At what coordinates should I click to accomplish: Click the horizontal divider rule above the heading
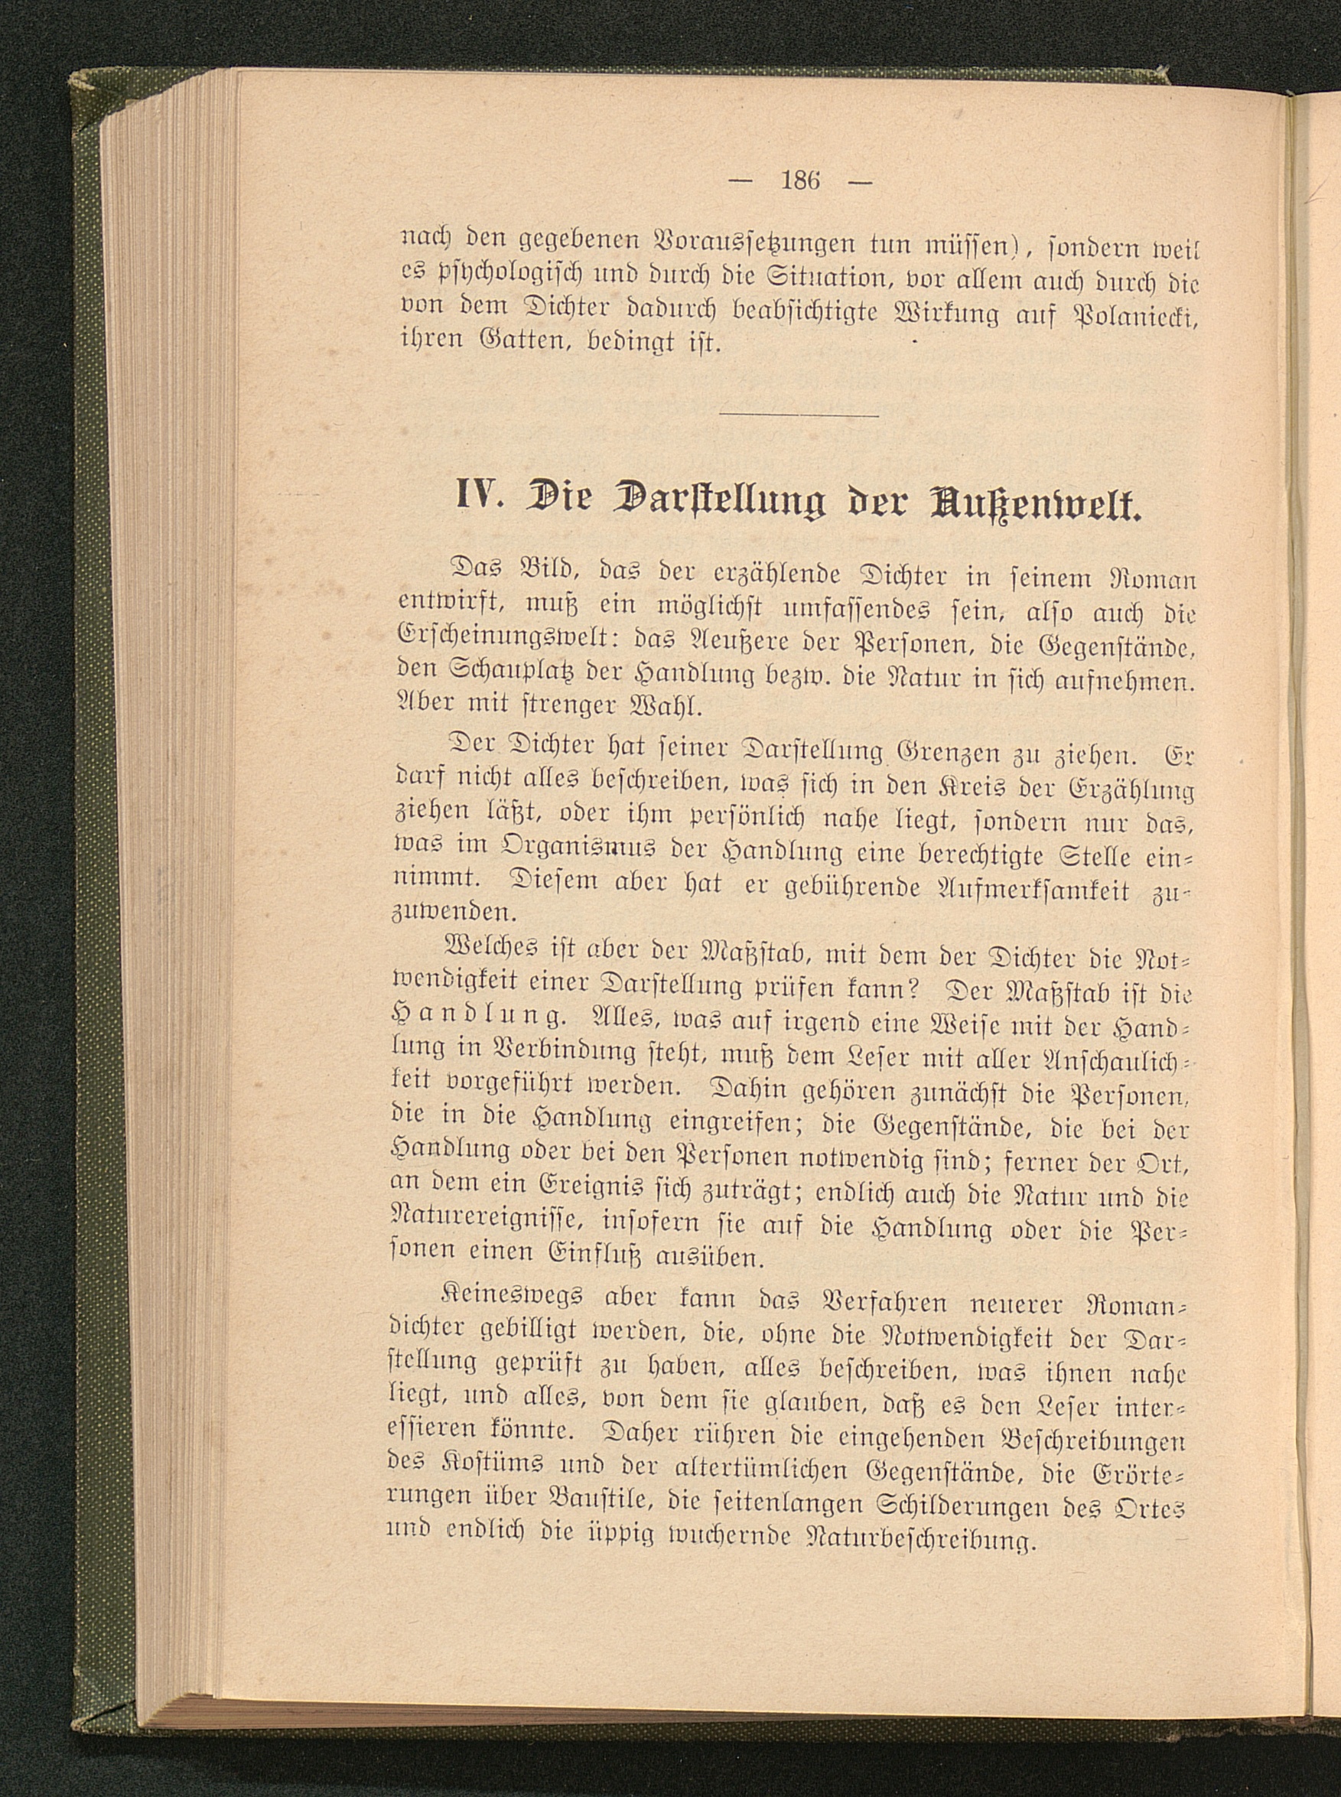[x=799, y=417]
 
